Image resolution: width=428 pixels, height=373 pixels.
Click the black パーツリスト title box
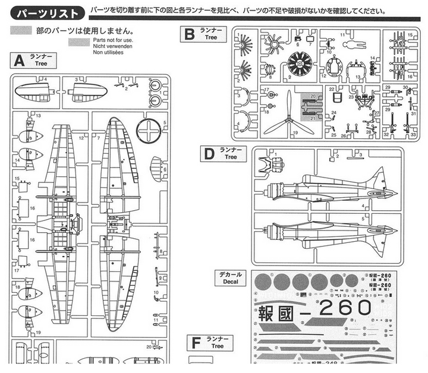[47, 12]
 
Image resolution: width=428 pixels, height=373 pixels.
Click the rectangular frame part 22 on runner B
[337, 96]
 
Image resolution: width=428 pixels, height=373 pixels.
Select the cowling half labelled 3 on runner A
[87, 91]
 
